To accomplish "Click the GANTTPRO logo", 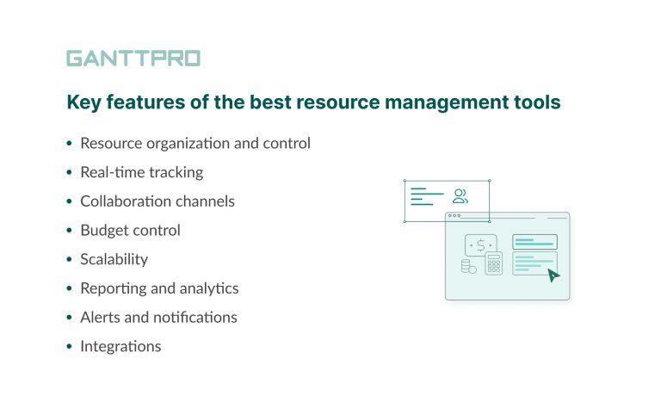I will [133, 59].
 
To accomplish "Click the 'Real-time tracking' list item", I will [141, 172].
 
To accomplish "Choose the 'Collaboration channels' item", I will [157, 201].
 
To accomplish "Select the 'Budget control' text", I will [130, 230].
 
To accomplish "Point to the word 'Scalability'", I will [114, 259].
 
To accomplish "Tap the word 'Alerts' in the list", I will [100, 317].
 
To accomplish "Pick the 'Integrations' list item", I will [120, 346].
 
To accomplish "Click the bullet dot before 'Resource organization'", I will [69, 144].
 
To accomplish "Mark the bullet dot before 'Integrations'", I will [69, 347].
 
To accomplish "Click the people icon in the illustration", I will [460, 196].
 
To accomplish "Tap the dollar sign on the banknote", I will [480, 244].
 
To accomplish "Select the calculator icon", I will [493, 263].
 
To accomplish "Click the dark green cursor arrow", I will [553, 275].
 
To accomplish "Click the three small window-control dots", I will [454, 216].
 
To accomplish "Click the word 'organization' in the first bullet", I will [187, 143].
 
